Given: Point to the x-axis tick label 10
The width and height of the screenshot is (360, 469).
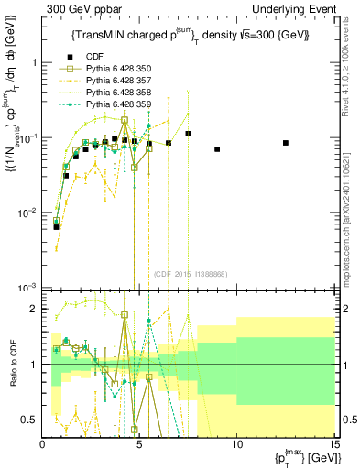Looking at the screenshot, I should pyautogui.click(x=236, y=444).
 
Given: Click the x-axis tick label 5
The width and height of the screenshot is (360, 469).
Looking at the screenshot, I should pyautogui.click(x=139, y=444).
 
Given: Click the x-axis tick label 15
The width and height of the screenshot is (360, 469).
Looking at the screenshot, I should pyautogui.click(x=333, y=444).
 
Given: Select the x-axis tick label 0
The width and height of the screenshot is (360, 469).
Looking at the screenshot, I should pyautogui.click(x=43, y=444).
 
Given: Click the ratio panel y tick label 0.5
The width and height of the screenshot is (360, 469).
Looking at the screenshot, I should pyautogui.click(x=29, y=420).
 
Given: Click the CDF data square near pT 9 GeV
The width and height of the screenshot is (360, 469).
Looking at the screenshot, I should pyautogui.click(x=217, y=148).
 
